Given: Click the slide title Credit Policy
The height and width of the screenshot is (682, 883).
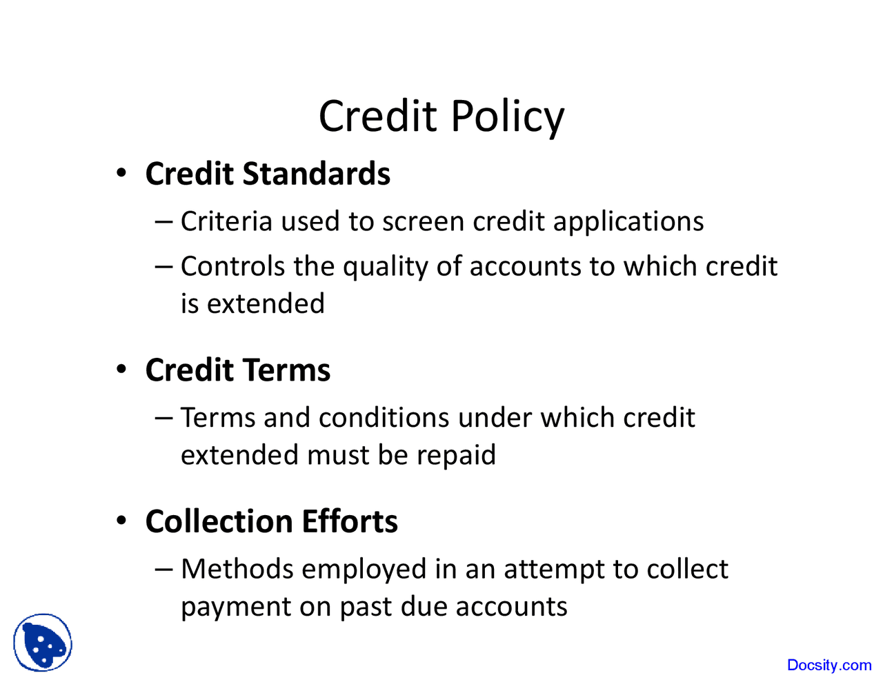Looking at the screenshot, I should pyautogui.click(x=441, y=116).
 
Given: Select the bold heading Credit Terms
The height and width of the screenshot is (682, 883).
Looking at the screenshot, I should pyautogui.click(x=238, y=370).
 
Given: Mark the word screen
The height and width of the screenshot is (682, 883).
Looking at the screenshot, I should pyautogui.click(x=424, y=222).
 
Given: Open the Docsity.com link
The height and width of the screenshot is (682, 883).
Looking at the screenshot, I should pyautogui.click(x=829, y=665).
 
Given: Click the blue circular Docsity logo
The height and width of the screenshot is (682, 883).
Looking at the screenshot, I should pyautogui.click(x=43, y=643).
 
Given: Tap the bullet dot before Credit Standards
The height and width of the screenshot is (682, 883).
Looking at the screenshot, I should pyautogui.click(x=121, y=173).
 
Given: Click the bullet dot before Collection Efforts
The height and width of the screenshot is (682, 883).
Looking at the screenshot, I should pyautogui.click(x=121, y=521).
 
